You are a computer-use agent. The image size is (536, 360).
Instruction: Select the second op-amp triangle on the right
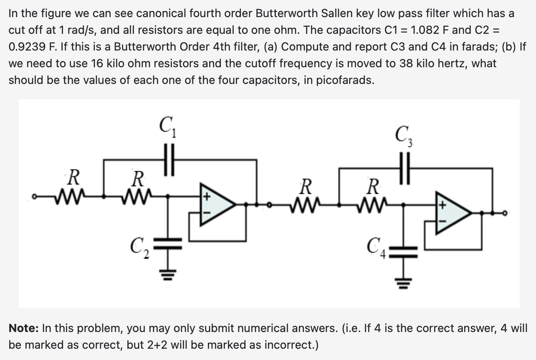453,213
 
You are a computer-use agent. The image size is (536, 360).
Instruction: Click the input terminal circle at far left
36,195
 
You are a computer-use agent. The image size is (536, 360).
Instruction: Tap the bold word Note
24,328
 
